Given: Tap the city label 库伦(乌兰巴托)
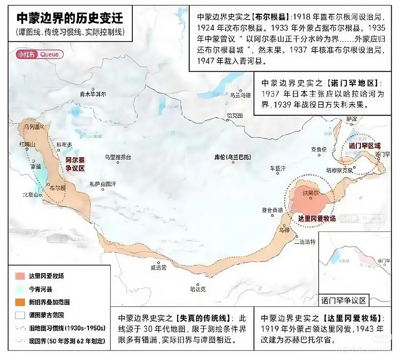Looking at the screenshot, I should pyautogui.click(x=233, y=157).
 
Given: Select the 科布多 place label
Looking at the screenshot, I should pyautogui.click(x=64, y=145).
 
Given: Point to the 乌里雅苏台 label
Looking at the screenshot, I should pyautogui.click(x=117, y=157).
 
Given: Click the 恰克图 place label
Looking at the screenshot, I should pyautogui.click(x=235, y=116).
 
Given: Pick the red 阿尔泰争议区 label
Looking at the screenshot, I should pyautogui.click(x=75, y=164).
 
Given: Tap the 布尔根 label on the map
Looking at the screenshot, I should pyautogui.click(x=58, y=188).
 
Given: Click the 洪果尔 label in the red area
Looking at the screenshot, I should pyautogui.click(x=311, y=193).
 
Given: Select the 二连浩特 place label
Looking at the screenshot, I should pyautogui.click(x=305, y=242).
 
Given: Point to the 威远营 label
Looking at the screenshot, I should pyautogui.click(x=158, y=267).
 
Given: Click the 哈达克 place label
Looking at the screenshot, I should pyautogui.click(x=198, y=289).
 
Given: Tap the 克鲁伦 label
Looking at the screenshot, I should pyautogui.click(x=319, y=149).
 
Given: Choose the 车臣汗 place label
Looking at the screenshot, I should pyautogui.click(x=278, y=168).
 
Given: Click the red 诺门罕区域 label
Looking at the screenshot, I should pyautogui.click(x=365, y=146).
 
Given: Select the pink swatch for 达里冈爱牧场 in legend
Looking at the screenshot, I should pyautogui.click(x=20, y=276).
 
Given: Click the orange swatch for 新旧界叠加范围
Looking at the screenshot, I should pyautogui.click(x=20, y=302).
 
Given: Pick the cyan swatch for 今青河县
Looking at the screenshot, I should pyautogui.click(x=20, y=289).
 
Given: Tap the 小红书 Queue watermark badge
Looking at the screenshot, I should pyautogui.click(x=40, y=54).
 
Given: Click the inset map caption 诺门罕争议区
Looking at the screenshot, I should pyautogui.click(x=343, y=301).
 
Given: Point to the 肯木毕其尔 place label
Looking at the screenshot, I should pyautogui.click(x=93, y=94).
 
